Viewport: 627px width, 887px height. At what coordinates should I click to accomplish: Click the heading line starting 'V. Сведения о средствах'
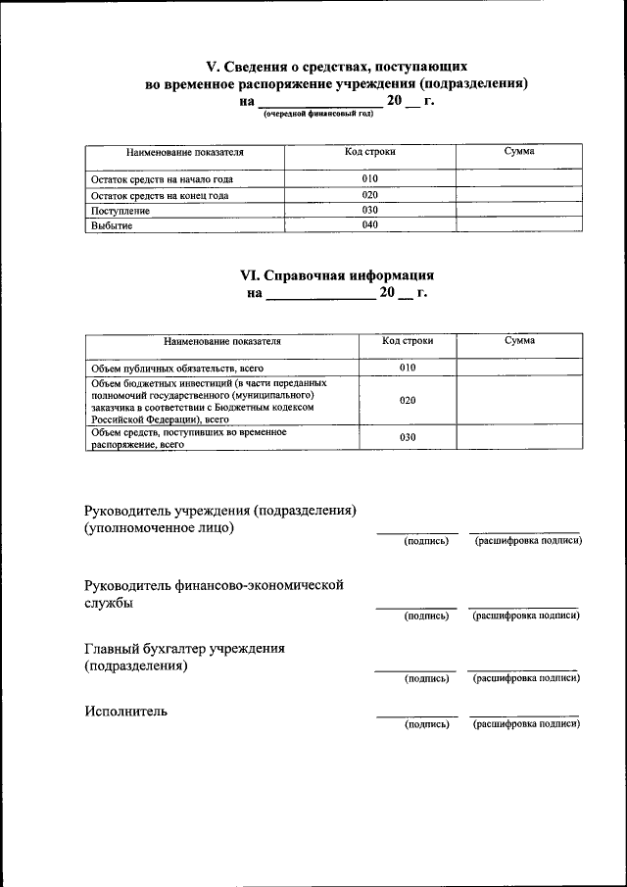[x=329, y=67]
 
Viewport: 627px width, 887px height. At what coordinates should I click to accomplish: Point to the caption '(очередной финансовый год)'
[x=318, y=115]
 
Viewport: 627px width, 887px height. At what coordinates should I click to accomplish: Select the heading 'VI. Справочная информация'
[x=337, y=276]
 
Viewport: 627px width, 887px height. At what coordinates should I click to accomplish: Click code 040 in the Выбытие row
[x=369, y=225]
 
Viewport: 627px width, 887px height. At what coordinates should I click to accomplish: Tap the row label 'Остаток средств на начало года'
[x=162, y=179]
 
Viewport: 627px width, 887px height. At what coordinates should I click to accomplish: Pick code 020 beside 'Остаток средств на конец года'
[x=369, y=195]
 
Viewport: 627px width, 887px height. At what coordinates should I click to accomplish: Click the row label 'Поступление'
[x=121, y=211]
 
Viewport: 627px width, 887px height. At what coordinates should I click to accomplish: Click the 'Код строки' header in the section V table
[x=369, y=153]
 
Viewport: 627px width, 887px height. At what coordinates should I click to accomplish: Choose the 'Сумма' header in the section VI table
[x=519, y=341]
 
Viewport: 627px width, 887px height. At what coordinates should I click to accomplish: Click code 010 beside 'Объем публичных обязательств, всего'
[x=408, y=368]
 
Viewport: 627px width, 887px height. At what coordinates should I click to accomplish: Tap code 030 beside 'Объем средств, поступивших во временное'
[x=408, y=437]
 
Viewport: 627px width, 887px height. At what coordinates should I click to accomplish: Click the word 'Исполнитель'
[x=125, y=711]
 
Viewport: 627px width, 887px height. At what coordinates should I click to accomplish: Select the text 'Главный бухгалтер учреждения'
[x=185, y=648]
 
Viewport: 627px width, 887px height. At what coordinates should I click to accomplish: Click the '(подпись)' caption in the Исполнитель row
[x=426, y=724]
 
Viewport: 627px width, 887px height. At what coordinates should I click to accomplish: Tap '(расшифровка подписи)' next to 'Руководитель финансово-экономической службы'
[x=526, y=616]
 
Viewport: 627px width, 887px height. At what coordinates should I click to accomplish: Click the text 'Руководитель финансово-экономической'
[x=214, y=584]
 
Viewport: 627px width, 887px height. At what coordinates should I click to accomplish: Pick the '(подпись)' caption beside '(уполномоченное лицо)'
[x=426, y=541]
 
